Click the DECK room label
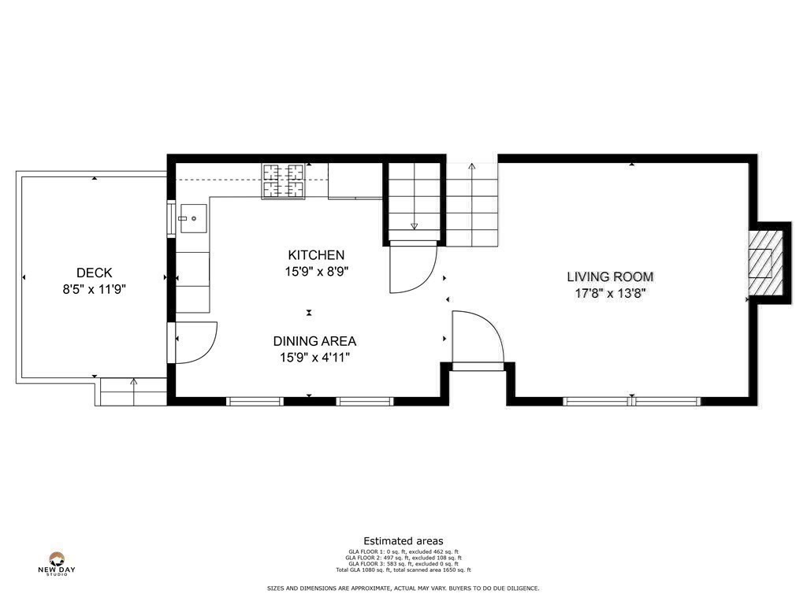[x=95, y=273]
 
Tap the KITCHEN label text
[x=316, y=255]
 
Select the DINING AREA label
[x=314, y=341]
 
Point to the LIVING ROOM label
[x=611, y=277]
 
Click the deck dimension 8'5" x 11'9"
[x=95, y=289]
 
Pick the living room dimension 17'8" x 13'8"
[x=611, y=294]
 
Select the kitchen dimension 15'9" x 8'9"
[x=316, y=272]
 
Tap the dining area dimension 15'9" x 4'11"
[x=314, y=358]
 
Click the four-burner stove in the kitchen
[x=284, y=180]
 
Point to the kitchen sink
[x=192, y=218]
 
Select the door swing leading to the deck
[x=194, y=342]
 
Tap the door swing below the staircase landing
[x=414, y=268]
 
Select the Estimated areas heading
[x=403, y=540]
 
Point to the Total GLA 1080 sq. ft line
[x=403, y=570]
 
